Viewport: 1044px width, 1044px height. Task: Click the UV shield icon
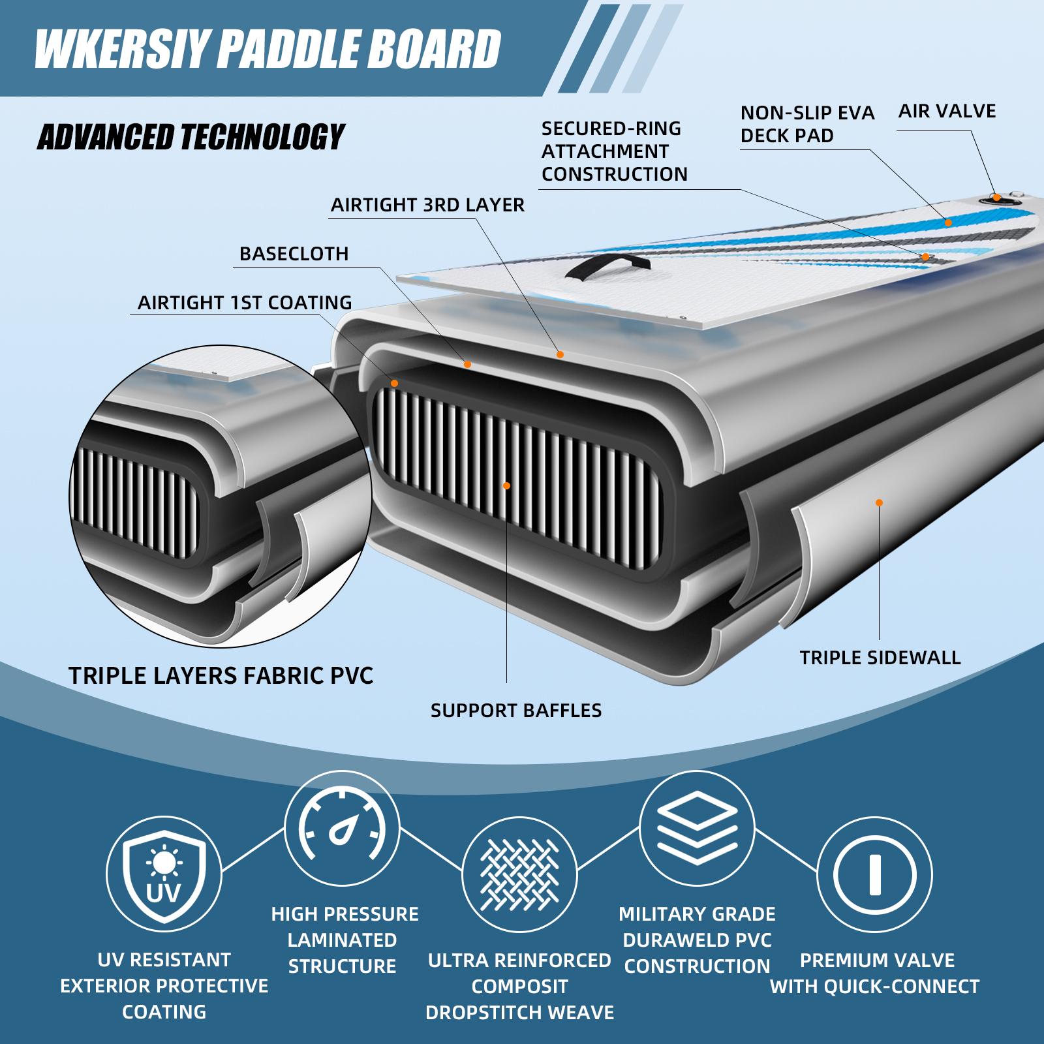[164, 874]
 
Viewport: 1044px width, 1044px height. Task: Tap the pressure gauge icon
[343, 828]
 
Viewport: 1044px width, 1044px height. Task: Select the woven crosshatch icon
[519, 874]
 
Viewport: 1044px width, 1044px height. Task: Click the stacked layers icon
[697, 828]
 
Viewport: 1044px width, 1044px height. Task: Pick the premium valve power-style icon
[875, 874]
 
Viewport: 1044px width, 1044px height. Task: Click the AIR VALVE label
[947, 111]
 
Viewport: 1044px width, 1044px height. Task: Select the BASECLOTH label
[294, 254]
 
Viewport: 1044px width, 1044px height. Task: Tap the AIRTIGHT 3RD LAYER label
[427, 205]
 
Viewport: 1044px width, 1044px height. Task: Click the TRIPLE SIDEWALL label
[880, 658]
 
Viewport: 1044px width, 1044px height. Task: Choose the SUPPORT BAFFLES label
[516, 711]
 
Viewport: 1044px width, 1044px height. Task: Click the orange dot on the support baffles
[506, 485]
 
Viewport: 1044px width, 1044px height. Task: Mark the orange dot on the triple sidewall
[879, 502]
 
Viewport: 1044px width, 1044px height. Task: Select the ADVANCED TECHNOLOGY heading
[191, 137]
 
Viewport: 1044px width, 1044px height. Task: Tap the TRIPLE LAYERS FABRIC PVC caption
[221, 676]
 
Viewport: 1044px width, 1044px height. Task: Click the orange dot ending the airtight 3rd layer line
[560, 354]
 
